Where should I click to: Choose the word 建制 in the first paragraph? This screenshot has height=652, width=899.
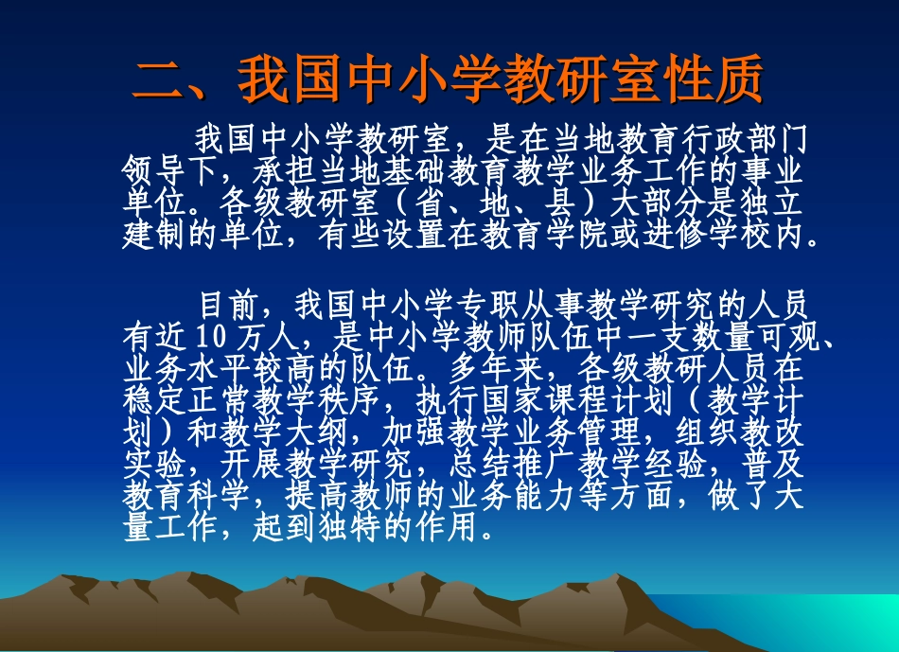[x=156, y=234]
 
